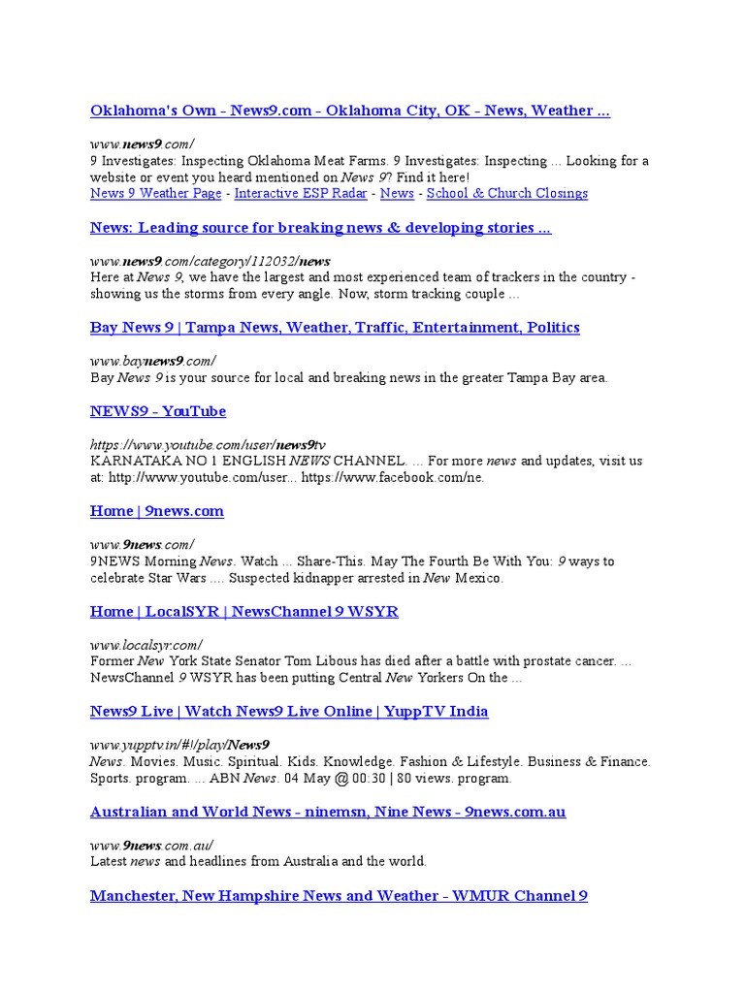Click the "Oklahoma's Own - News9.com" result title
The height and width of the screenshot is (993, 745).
[x=349, y=111]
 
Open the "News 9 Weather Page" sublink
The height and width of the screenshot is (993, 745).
[x=155, y=193]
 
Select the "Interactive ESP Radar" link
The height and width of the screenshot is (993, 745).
[x=301, y=193]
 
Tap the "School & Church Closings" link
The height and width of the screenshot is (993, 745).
[x=506, y=193]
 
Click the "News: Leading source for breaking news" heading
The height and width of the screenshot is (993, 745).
[x=320, y=228]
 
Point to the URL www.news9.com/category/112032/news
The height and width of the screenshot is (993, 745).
[x=210, y=261]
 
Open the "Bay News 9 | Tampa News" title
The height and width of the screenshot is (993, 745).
[x=335, y=328]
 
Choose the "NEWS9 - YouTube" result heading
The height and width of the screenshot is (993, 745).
[x=158, y=411]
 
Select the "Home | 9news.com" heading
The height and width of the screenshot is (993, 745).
[x=157, y=511]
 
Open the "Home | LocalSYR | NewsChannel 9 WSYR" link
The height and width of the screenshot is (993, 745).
[x=243, y=612]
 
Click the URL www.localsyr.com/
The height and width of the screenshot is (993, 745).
[x=146, y=645]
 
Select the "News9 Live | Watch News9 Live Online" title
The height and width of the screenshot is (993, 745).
[x=289, y=712]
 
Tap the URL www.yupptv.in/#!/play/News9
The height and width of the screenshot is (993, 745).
[x=179, y=745]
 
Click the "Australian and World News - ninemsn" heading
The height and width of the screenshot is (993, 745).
[x=328, y=812]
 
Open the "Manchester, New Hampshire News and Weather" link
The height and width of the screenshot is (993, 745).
[x=339, y=896]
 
